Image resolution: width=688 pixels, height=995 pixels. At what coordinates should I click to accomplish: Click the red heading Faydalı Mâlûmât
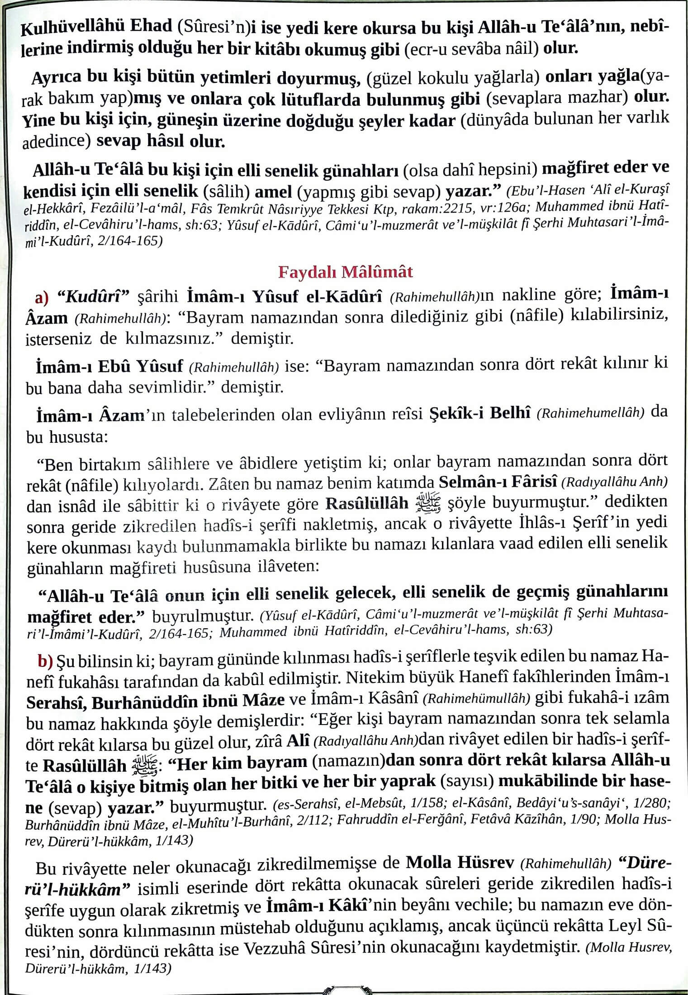[x=345, y=272]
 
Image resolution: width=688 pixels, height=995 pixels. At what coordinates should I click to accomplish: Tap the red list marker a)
[x=42, y=298]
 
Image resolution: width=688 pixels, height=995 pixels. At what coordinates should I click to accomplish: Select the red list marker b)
[x=45, y=662]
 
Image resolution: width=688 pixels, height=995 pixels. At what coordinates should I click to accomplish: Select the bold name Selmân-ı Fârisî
[x=498, y=482]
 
